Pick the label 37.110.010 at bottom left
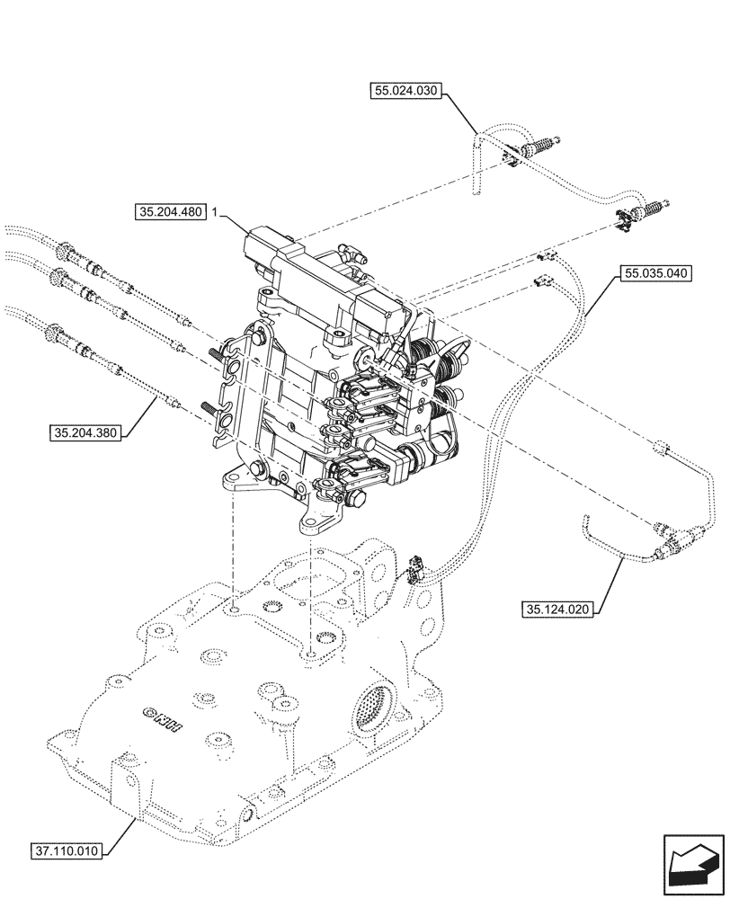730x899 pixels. (x=68, y=849)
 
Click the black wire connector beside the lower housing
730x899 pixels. (x=414, y=568)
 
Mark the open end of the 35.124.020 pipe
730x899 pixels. (x=585, y=517)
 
